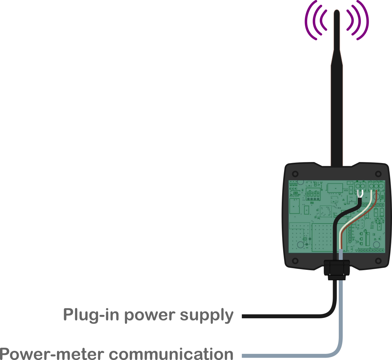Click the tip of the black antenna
336,12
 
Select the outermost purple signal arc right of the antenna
366,20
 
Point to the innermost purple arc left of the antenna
322,20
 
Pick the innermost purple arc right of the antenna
351,20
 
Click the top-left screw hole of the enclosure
295,174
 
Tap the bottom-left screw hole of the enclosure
295,261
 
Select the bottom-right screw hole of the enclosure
378,261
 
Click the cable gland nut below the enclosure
337,267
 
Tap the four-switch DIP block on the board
313,196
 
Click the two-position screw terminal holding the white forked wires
360,186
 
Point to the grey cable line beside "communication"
288,355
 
